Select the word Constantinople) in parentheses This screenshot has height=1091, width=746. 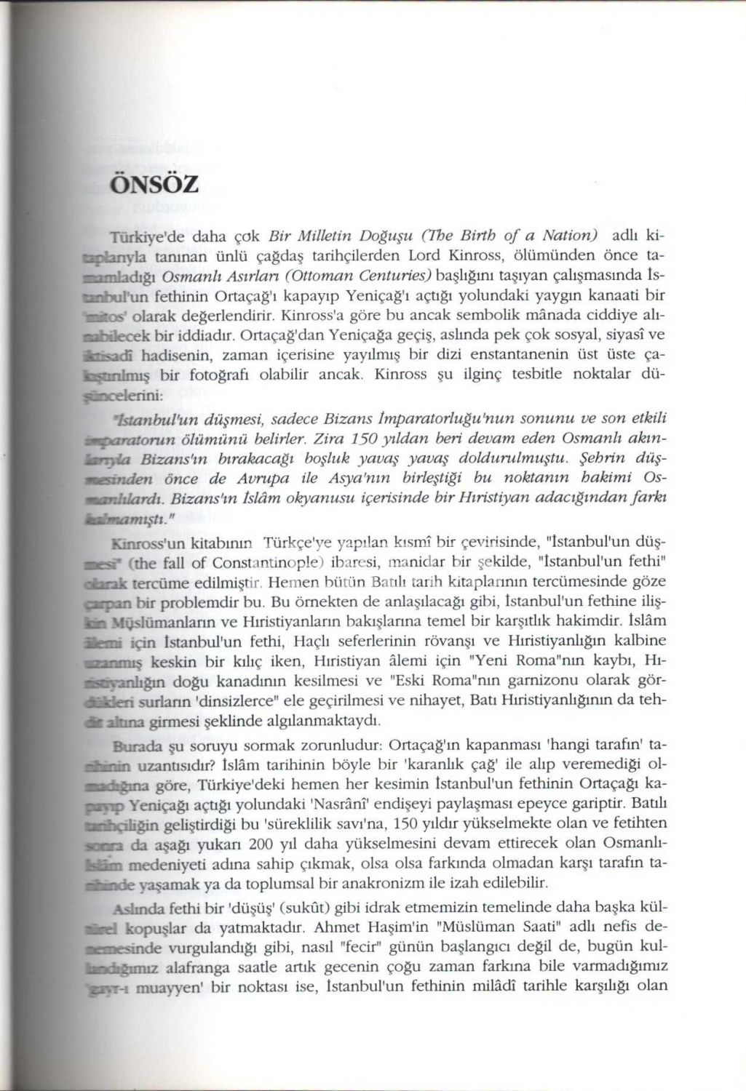[x=269, y=563]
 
